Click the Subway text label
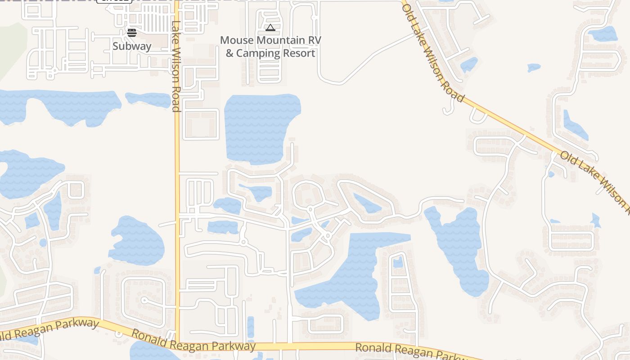click(132, 46)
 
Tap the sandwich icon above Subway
click(131, 32)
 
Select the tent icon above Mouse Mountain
click(270, 28)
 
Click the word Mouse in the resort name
click(237, 40)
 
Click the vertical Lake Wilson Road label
click(176, 66)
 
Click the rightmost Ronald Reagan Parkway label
click(414, 351)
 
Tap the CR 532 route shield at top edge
click(114, 1)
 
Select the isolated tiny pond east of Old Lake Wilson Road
click(534, 67)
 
